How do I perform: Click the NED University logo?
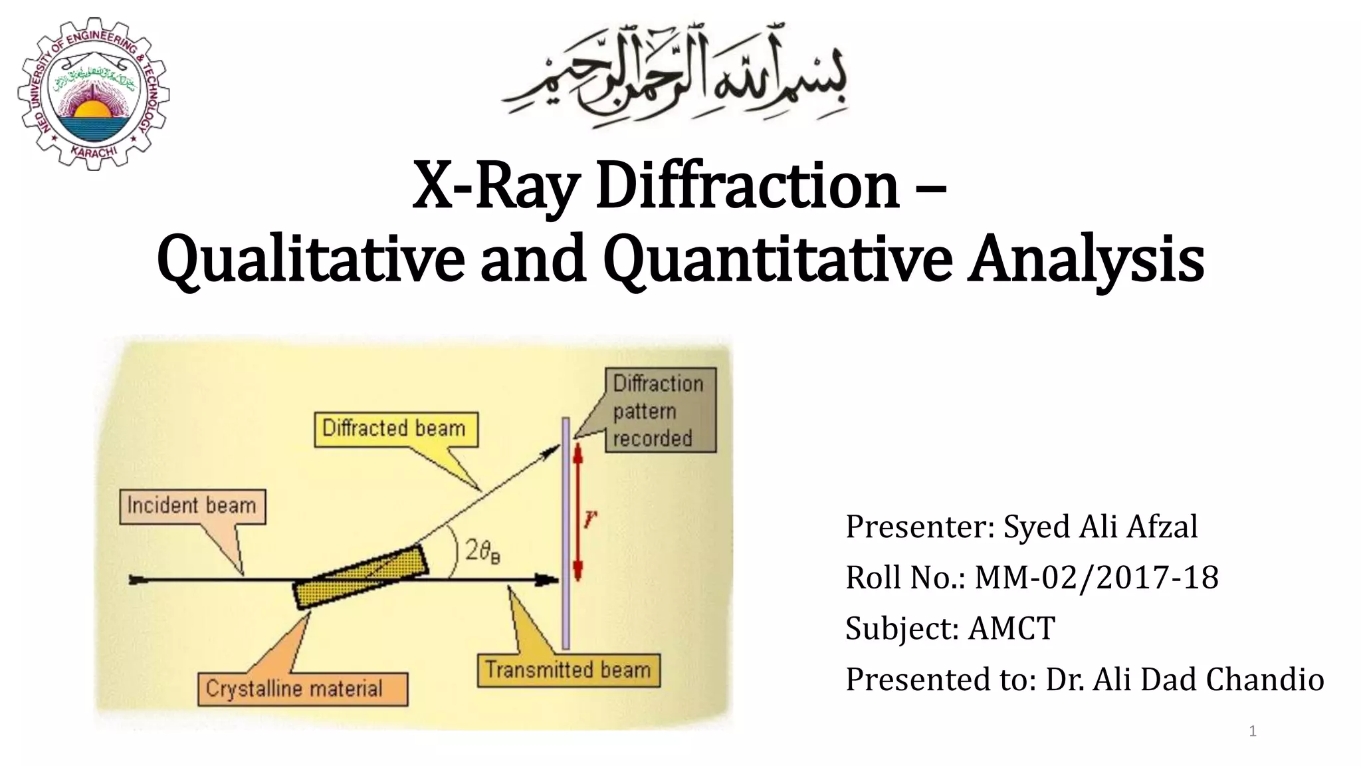point(93,93)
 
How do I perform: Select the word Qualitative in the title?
point(310,259)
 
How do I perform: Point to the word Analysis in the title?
point(1085,259)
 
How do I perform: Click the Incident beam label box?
point(192,507)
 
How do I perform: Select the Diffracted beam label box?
point(395,429)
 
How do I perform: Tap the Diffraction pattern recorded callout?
point(659,410)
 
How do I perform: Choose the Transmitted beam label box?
point(568,670)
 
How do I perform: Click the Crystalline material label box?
point(302,689)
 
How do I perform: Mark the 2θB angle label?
point(482,552)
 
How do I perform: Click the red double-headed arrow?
point(577,512)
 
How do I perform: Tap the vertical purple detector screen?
point(566,532)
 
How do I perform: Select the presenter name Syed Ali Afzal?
point(1100,527)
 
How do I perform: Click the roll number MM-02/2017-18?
point(1097,577)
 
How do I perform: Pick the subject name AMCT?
point(1011,628)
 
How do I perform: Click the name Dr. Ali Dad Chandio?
point(1184,680)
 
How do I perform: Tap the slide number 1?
point(1253,731)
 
